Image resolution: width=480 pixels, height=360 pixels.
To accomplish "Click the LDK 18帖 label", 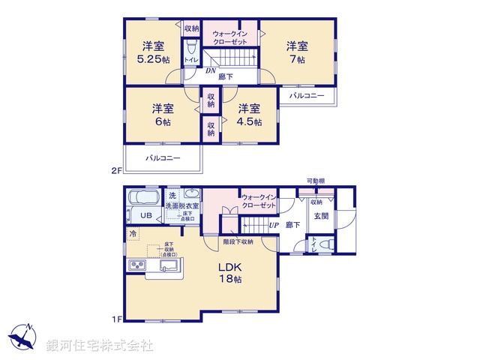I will coord(229,272).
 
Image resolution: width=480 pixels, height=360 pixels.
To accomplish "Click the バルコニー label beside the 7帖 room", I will coord(307,96).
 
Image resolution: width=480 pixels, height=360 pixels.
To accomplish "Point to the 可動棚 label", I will coord(315,181).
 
